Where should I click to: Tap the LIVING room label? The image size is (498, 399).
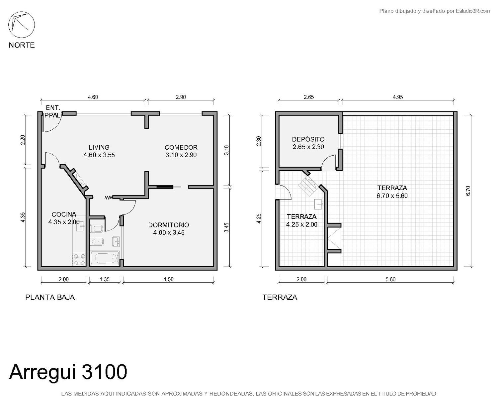pyautogui.click(x=99, y=147)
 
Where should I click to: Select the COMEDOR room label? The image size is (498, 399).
pyautogui.click(x=181, y=147)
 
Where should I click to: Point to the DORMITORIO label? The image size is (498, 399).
pyautogui.click(x=168, y=225)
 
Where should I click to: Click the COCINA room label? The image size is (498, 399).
pyautogui.click(x=64, y=214)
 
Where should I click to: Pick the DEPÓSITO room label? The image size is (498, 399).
pyautogui.click(x=308, y=139)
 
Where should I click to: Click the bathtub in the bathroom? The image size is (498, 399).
pyautogui.click(x=105, y=258)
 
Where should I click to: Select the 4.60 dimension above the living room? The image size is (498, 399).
pyautogui.click(x=93, y=97)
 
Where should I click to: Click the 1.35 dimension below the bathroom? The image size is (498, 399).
pyautogui.click(x=105, y=279)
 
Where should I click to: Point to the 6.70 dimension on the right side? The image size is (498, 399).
pyautogui.click(x=468, y=191)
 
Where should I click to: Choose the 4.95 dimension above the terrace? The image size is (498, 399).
pyautogui.click(x=398, y=97)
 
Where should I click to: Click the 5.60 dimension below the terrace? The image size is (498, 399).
pyautogui.click(x=390, y=279)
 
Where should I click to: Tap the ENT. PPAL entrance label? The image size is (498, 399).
pyautogui.click(x=53, y=111)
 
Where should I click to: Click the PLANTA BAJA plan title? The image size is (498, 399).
pyautogui.click(x=50, y=297)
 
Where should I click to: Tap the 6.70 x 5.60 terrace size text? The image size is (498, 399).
pyautogui.click(x=392, y=196)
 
